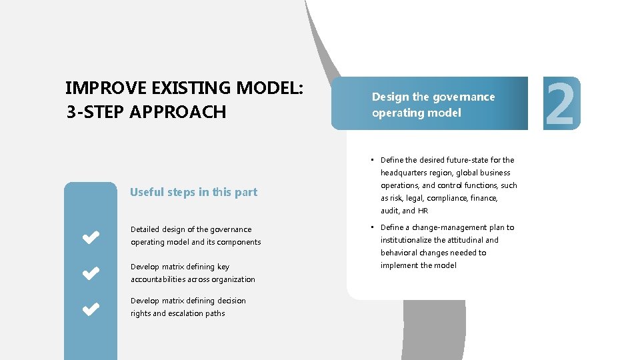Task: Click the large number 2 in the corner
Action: pos(561,103)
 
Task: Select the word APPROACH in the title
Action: pos(179,112)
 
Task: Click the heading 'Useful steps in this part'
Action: pos(193,192)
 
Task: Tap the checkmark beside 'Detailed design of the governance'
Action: pos(91,236)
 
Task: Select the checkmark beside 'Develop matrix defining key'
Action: pos(91,273)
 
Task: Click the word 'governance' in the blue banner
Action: pos(464,97)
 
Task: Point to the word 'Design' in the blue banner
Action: pos(390,97)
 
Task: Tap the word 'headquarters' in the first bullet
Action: pos(405,173)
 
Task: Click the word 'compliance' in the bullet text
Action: pos(447,198)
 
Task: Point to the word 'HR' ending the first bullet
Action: pos(423,211)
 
